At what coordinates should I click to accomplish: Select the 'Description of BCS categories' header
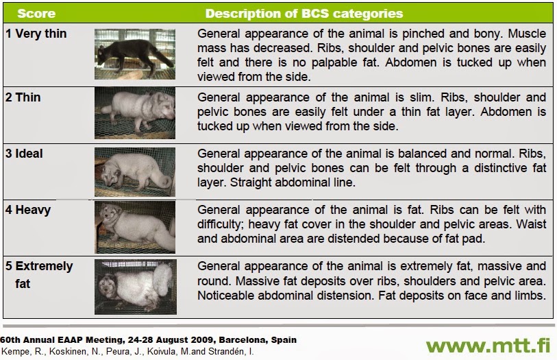(304, 14)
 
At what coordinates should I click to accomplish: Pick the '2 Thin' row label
(23, 97)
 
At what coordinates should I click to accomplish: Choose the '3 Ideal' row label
(25, 153)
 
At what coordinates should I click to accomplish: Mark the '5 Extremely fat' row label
(39, 274)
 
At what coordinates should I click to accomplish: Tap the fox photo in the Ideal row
(135, 169)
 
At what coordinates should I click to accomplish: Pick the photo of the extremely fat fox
(135, 285)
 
